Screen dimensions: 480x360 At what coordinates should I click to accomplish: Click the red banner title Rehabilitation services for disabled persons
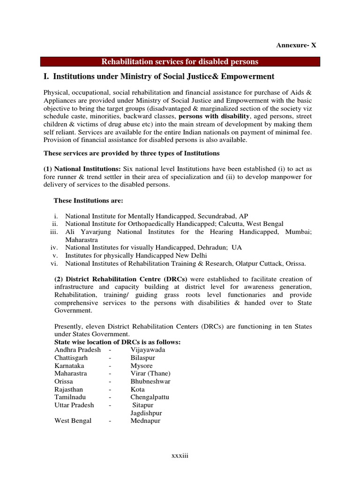180,62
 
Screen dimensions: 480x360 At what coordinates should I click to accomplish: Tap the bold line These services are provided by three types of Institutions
131,153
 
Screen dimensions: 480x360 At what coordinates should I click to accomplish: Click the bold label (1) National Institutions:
82,168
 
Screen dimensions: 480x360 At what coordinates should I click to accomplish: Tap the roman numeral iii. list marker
55,232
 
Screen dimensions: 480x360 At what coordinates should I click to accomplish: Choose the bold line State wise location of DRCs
117,342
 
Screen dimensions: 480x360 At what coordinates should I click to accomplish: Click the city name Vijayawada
148,350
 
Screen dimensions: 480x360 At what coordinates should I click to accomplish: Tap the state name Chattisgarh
71,358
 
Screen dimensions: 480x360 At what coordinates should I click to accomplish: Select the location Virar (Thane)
150,373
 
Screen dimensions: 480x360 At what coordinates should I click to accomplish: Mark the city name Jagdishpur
148,413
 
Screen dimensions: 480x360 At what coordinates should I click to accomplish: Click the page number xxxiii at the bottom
180,456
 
